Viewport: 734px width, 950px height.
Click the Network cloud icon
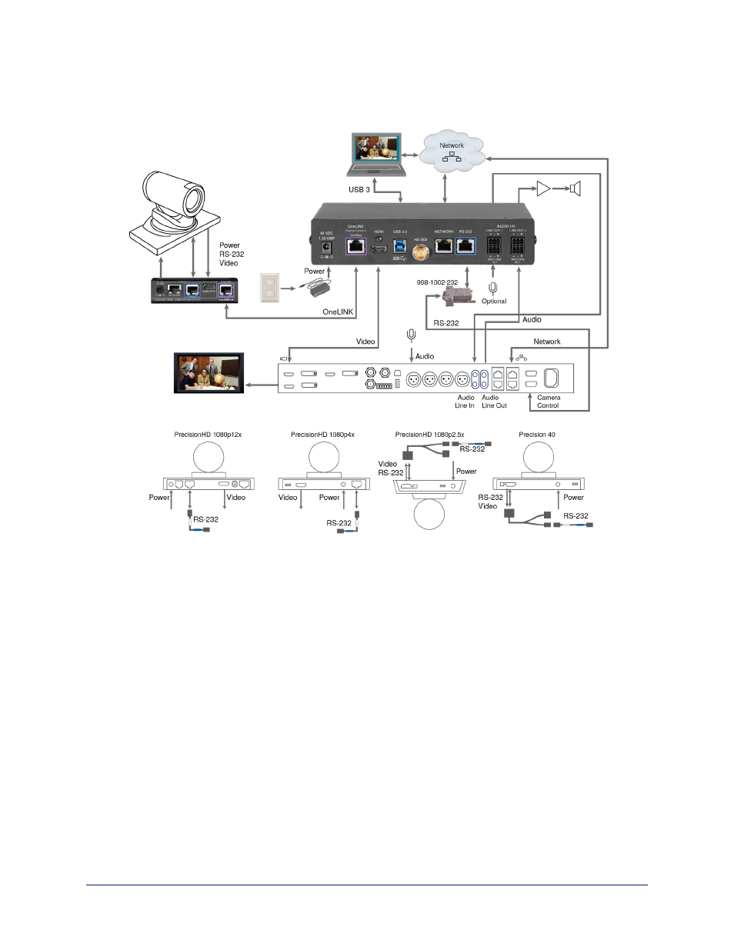[x=452, y=152]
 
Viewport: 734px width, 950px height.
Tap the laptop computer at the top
[x=376, y=155]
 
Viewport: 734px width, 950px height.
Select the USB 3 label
[x=359, y=189]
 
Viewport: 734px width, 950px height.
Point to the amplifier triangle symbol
[x=543, y=188]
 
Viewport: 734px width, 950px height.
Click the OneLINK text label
[x=338, y=312]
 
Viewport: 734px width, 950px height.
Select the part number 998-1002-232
[x=437, y=282]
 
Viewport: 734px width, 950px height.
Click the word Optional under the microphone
[x=494, y=302]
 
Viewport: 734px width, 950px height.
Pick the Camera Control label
[x=549, y=402]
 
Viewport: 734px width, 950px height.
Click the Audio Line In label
[x=465, y=402]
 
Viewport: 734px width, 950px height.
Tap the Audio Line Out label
[x=494, y=402]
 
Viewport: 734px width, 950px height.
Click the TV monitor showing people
[x=209, y=373]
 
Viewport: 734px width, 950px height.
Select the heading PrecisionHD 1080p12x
[x=208, y=435]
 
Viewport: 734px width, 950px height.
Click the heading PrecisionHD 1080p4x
[x=322, y=435]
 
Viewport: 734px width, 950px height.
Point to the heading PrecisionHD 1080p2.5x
[x=429, y=435]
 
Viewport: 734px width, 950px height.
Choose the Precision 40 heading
[x=537, y=435]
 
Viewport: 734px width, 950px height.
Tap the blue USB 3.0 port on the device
[x=399, y=246]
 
